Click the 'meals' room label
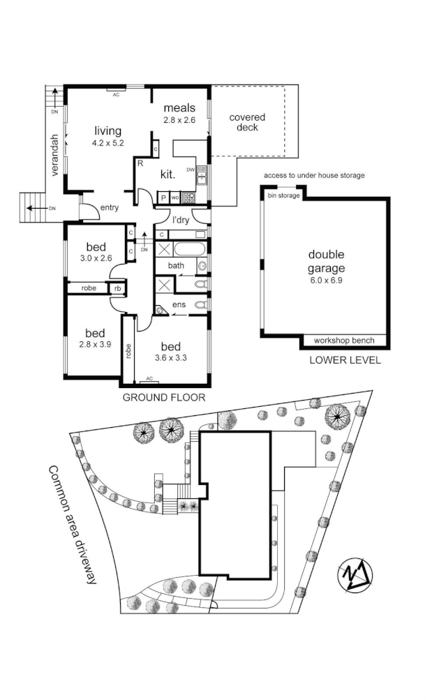point(179,107)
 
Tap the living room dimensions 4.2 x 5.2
point(107,143)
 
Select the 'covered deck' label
point(247,122)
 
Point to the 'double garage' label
point(326,261)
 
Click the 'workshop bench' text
point(344,341)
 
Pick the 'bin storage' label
point(283,195)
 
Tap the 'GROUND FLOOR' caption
point(164,397)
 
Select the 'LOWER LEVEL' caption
point(345,360)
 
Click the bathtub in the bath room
point(189,249)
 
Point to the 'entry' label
point(110,207)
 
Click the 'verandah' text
point(54,155)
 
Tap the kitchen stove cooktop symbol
point(188,197)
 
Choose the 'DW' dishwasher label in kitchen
point(191,170)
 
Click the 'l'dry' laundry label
point(181,220)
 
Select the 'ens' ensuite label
point(179,304)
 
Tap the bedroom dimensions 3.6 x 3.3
point(170,357)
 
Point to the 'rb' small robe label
point(117,288)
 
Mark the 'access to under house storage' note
point(314,175)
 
